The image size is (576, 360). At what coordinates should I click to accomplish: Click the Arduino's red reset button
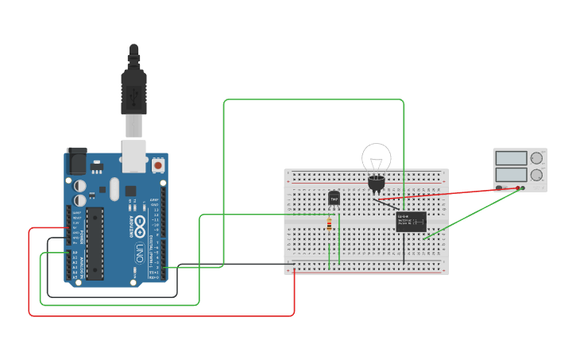coord(158,165)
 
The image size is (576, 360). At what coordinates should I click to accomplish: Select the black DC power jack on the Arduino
coord(76,161)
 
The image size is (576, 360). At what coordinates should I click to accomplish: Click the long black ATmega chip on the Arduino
coord(95,243)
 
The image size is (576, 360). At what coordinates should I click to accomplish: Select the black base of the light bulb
coord(377,184)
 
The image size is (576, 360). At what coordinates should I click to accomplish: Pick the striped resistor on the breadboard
coord(330,226)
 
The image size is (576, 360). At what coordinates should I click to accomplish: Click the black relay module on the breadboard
coord(411,221)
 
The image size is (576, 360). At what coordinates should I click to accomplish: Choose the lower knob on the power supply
coord(537,174)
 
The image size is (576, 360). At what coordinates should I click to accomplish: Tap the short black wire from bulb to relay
coord(389,204)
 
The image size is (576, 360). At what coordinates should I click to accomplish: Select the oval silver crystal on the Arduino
coord(114,189)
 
